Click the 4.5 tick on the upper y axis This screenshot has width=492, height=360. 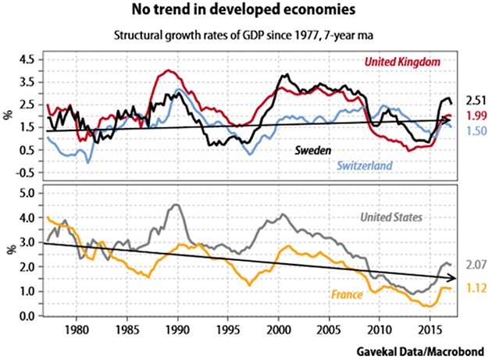tap(27, 59)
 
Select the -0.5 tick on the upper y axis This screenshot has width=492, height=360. tap(25, 173)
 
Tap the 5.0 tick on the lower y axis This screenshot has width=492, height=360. tap(27, 192)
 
